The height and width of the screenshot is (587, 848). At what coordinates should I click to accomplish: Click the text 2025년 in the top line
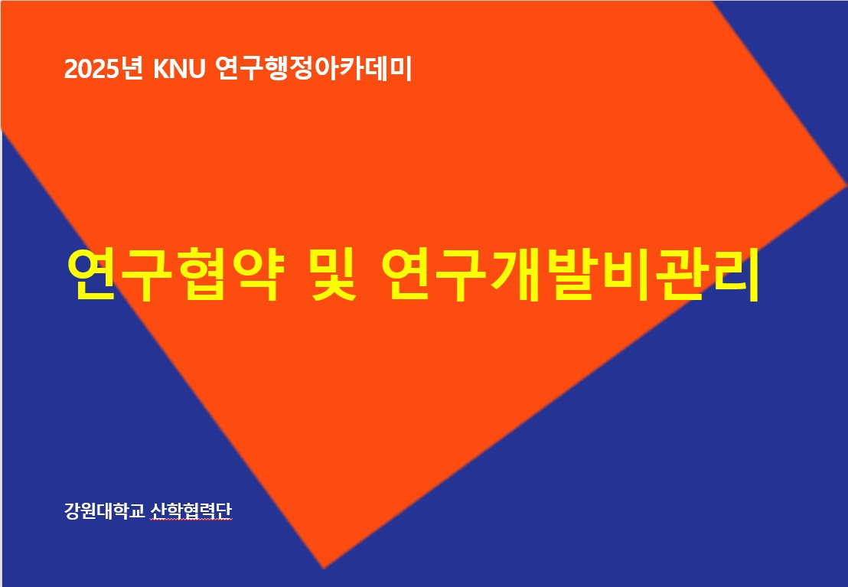(x=103, y=69)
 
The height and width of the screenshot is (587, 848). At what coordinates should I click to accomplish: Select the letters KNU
(x=179, y=69)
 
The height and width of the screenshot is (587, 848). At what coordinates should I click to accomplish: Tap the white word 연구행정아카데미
(x=313, y=69)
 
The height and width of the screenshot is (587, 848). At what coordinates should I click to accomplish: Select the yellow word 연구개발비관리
(x=570, y=275)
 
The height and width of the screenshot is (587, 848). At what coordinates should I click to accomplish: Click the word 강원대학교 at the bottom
(x=104, y=510)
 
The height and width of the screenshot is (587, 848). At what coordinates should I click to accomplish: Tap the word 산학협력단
(x=191, y=510)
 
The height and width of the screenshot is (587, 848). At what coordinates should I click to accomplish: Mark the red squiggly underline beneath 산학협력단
(x=191, y=520)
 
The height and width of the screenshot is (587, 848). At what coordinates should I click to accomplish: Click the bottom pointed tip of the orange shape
(x=324, y=568)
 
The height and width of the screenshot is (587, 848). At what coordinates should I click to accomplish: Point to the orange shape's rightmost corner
(x=846, y=185)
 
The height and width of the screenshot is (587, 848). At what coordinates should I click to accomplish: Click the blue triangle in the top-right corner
(x=801, y=60)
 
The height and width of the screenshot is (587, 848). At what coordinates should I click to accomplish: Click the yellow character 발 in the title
(x=571, y=275)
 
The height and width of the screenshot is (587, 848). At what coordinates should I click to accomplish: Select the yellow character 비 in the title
(x=625, y=275)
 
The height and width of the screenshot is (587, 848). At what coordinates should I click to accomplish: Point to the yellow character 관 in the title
(x=680, y=275)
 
